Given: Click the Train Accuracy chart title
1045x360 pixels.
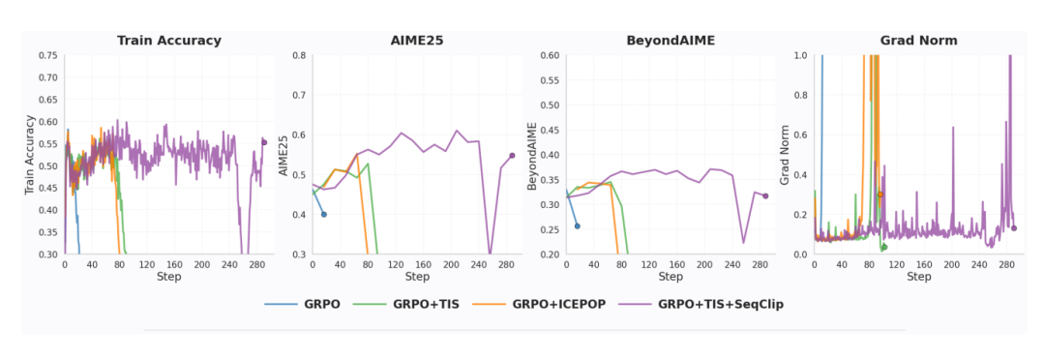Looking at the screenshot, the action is click(169, 41).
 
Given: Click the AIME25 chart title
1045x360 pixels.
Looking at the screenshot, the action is click(417, 41).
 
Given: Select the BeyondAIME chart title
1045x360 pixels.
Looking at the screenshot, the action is click(671, 41).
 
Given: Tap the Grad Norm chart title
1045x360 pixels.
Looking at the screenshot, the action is click(919, 41).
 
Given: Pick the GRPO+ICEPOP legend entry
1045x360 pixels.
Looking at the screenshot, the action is click(540, 305).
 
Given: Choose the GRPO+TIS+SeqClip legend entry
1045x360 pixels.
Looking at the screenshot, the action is click(702, 305).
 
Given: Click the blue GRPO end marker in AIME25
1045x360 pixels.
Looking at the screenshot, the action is click(324, 214).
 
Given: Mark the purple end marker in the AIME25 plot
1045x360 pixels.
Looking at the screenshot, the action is click(512, 156).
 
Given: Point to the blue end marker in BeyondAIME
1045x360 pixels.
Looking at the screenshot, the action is click(577, 226).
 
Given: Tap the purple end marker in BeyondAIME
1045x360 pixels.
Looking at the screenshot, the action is click(765, 195).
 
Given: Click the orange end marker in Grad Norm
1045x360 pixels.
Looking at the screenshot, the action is click(880, 194).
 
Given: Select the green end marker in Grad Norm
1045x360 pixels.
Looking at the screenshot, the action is click(884, 247).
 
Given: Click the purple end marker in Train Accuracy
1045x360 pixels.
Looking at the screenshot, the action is click(264, 142).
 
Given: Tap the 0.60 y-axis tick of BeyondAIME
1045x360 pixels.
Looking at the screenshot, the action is click(552, 55).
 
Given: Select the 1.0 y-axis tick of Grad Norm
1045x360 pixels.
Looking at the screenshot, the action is click(799, 55).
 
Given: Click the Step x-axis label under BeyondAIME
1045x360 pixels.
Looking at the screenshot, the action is click(671, 277).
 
